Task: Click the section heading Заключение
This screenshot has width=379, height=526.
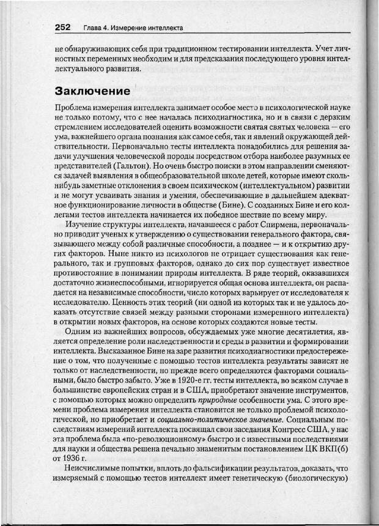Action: tap(92, 92)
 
